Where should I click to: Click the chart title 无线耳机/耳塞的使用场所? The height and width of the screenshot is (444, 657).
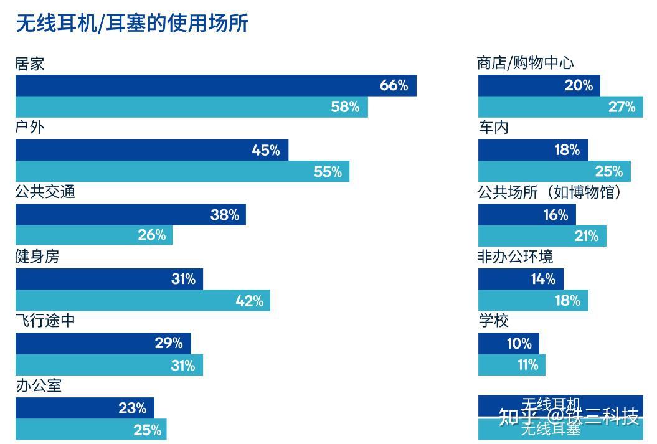click(131, 23)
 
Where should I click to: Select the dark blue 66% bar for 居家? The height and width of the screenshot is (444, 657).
click(215, 85)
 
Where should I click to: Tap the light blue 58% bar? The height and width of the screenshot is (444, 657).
click(191, 106)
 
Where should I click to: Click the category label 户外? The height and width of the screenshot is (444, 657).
click(30, 128)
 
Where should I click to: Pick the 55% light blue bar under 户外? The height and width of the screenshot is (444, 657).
click(182, 171)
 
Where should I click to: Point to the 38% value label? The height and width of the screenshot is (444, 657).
click(225, 215)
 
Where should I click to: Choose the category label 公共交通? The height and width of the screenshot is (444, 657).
click(45, 192)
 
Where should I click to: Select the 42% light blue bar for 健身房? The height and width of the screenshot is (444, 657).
click(143, 301)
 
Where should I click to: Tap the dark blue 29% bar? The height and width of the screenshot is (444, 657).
click(103, 343)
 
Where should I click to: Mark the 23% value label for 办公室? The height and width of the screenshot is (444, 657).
click(133, 409)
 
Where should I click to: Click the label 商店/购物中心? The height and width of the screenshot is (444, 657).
click(525, 63)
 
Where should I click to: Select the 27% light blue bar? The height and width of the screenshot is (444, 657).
click(560, 106)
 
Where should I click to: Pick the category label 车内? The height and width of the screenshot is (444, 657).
click(493, 128)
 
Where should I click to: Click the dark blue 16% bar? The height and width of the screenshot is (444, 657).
click(527, 215)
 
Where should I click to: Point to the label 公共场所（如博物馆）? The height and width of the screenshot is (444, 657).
click(550, 192)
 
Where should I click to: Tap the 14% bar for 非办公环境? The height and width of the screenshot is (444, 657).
click(521, 279)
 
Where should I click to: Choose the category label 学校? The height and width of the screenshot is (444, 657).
click(493, 321)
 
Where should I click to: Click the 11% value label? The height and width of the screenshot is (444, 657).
click(528, 364)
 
